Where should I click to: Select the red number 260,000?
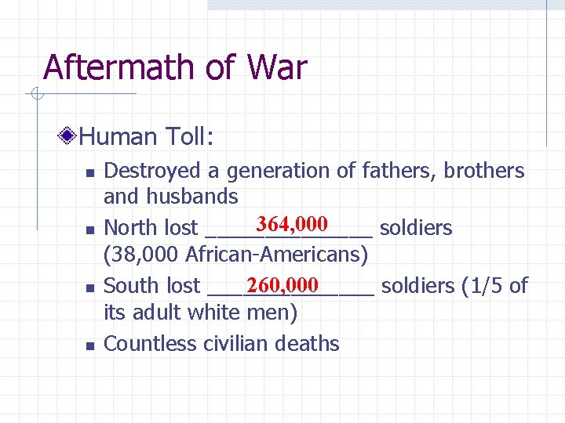(x=281, y=284)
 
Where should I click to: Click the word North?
(x=131, y=228)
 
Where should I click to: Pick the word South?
(x=131, y=286)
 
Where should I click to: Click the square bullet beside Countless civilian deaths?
(x=89, y=345)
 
